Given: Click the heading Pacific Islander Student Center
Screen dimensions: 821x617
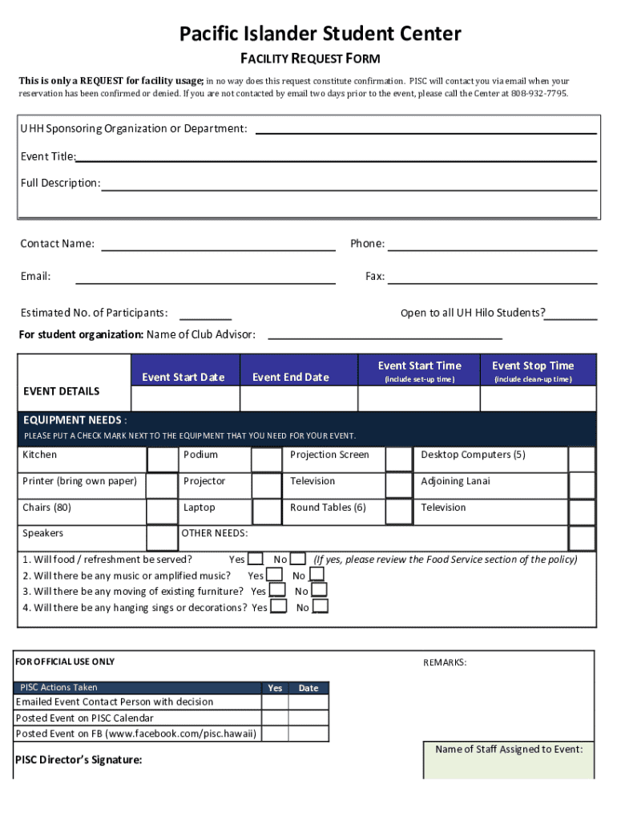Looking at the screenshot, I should [x=320, y=34].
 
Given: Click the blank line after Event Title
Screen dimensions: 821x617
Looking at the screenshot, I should [x=337, y=159].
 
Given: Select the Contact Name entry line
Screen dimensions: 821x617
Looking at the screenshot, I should [x=218, y=245].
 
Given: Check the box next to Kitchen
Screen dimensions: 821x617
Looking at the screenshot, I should [x=162, y=459].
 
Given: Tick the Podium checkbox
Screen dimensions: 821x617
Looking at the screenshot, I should [x=266, y=459].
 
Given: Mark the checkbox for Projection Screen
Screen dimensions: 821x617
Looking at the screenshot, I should [x=398, y=459].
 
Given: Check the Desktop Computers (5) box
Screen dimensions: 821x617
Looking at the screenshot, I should [x=582, y=459].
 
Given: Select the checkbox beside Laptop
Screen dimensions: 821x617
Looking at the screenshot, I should [x=267, y=512].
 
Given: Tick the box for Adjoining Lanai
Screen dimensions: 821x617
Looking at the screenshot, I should [x=582, y=485].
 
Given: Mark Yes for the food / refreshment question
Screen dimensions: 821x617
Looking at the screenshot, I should [x=255, y=559].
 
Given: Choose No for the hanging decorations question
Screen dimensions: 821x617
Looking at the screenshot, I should [x=320, y=607].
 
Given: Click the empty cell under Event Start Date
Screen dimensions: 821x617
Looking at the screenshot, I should [x=184, y=398].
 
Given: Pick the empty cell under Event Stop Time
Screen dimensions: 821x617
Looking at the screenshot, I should [x=533, y=398].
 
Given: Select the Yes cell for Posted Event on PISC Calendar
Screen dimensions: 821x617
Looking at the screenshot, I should [x=275, y=718].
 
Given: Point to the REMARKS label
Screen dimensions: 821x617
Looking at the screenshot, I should [x=445, y=662].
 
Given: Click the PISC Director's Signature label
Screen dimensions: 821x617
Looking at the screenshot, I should [x=79, y=760].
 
